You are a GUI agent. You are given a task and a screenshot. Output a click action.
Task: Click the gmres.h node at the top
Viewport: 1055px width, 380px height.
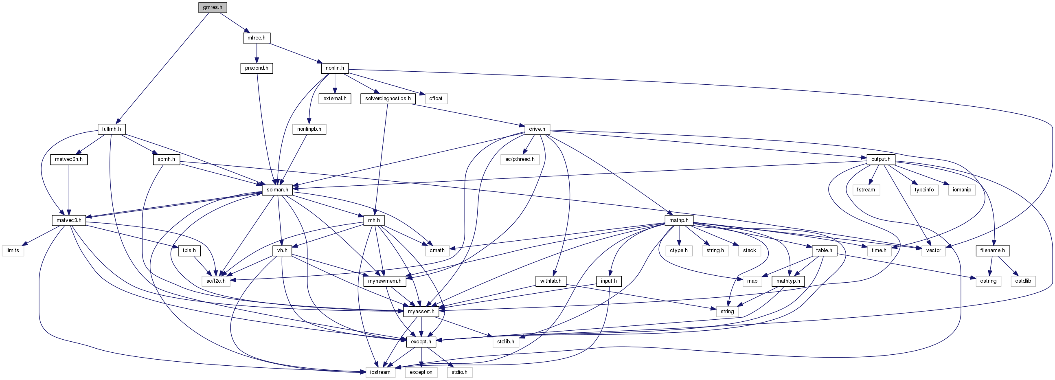213,7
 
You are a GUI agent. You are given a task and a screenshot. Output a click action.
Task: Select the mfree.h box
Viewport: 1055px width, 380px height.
257,37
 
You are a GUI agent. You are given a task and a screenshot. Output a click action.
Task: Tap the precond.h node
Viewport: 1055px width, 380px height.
257,68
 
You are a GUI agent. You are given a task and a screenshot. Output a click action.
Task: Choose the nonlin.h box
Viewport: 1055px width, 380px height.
335,68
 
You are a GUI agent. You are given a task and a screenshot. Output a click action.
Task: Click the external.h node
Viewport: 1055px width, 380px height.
335,99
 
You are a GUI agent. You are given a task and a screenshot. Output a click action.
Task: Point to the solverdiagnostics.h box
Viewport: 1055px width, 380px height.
388,99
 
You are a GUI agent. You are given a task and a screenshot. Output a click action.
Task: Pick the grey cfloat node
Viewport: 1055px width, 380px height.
436,99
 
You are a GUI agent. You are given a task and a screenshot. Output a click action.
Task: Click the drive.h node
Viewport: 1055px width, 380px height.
537,129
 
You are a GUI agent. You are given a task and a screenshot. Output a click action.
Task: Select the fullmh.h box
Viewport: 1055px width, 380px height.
112,129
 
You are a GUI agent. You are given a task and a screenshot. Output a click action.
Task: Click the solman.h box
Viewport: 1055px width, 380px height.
277,189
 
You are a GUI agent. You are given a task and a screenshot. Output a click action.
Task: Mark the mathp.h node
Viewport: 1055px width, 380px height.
679,220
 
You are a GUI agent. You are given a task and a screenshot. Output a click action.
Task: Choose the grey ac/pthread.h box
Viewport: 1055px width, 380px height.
520,159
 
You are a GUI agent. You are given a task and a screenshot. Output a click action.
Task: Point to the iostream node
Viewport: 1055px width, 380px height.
380,372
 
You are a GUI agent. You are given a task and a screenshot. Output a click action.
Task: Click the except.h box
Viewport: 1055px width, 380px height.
421,341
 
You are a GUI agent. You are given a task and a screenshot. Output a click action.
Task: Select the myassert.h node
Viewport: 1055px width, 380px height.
421,312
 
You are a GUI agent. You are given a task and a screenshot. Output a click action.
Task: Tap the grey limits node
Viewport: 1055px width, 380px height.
13,250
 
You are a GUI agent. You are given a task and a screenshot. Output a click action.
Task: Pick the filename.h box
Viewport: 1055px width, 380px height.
992,250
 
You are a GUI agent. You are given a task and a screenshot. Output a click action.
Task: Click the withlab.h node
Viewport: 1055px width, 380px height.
551,281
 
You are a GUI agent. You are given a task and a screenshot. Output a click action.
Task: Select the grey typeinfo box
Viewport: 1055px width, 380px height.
924,190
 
